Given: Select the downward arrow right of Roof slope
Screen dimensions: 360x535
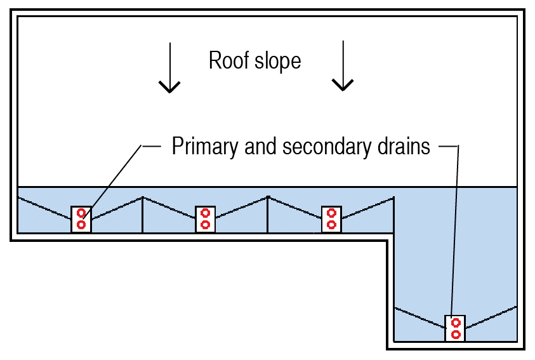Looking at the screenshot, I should (343, 66).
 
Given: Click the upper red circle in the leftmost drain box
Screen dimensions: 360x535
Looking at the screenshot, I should (81, 213).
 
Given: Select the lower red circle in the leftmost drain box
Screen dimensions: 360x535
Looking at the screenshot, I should (81, 225).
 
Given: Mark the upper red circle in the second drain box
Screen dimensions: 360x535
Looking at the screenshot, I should (205, 213).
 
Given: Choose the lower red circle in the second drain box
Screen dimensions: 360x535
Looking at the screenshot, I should (205, 225).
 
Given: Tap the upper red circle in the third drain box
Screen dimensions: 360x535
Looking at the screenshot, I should (331, 213).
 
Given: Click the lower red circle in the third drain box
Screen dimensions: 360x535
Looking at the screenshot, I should (331, 225).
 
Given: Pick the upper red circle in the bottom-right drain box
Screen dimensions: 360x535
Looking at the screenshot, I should (455, 323).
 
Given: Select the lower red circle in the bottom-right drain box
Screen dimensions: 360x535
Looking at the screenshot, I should (455, 334).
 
